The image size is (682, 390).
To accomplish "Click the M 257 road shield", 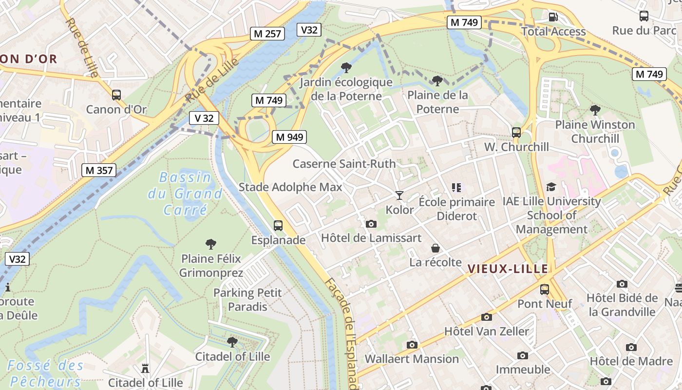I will (268, 34).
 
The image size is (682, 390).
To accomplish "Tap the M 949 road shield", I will (289, 137).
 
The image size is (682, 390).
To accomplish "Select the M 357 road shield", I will (99, 170).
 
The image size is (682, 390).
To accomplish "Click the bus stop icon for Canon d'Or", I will (116, 95).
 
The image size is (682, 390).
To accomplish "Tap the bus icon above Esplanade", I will (278, 226).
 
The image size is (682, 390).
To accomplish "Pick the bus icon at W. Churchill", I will (516, 132).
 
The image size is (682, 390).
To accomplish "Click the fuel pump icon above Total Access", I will (553, 17).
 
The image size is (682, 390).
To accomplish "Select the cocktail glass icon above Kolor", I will (399, 195).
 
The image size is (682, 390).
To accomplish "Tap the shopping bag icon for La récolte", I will (436, 248).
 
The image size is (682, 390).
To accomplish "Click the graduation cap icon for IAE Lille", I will (551, 187).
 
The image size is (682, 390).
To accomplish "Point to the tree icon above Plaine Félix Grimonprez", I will (211, 244).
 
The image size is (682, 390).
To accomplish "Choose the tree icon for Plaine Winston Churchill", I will (595, 110).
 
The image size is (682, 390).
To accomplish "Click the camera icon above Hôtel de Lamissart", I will (371, 224).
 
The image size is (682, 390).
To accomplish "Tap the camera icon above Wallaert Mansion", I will (412, 345).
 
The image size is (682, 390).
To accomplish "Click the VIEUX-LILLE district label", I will (508, 269).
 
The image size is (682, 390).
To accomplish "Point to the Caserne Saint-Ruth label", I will (344, 164).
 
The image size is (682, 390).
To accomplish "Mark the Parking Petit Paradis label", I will (247, 299).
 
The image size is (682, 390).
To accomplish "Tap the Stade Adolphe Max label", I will (290, 187).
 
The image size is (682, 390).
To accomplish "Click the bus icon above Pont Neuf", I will (545, 290).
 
